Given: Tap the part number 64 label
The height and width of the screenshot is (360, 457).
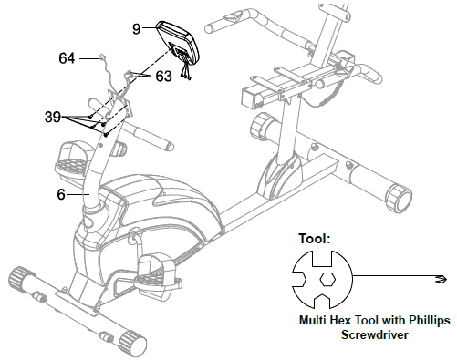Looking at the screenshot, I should pyautogui.click(x=67, y=58).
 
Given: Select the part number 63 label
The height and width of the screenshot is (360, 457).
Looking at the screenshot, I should pyautogui.click(x=163, y=77).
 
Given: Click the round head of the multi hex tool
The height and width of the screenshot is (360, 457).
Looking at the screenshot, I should pyautogui.click(x=325, y=279).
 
